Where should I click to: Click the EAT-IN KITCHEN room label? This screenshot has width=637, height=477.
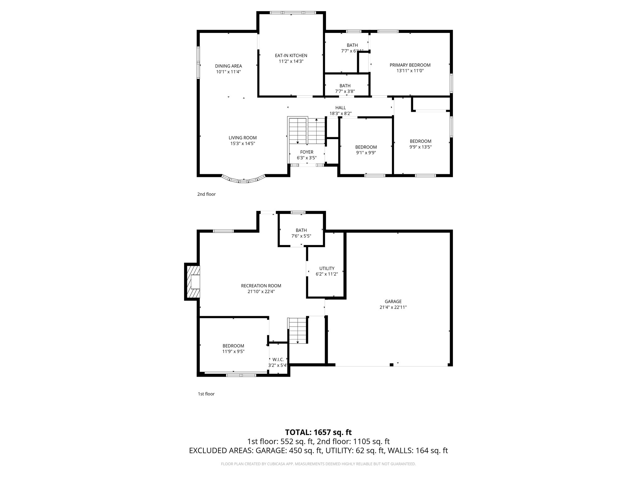click(291, 56)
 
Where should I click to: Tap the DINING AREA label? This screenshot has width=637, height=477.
click(228, 66)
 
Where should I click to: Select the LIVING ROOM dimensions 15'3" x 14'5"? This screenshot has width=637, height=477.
click(243, 143)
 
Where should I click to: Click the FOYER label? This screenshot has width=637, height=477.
click(307, 152)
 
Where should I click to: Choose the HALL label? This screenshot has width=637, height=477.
click(340, 108)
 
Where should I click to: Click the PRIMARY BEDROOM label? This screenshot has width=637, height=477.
click(410, 65)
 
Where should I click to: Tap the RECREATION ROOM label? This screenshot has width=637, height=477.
click(261, 286)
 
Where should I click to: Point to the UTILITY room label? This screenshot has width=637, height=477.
click(327, 269)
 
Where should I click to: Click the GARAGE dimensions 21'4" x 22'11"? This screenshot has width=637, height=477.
click(393, 307)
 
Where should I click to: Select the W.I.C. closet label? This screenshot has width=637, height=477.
click(278, 360)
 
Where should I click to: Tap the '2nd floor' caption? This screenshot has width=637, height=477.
click(206, 194)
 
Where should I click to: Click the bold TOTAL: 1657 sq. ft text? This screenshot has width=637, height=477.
click(318, 432)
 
